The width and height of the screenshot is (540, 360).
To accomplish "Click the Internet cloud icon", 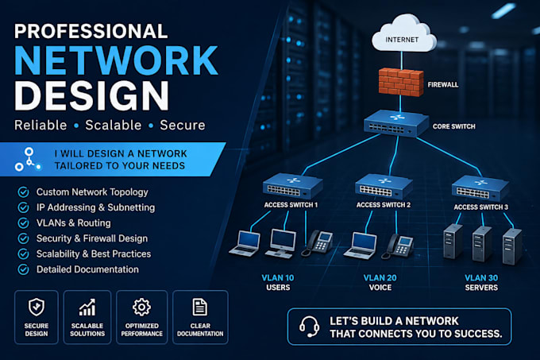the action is point(403,33).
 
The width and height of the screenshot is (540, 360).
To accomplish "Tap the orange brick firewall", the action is point(401,82).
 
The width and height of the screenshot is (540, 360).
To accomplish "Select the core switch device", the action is point(396,123).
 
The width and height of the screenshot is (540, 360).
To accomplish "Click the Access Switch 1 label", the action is point(291,205).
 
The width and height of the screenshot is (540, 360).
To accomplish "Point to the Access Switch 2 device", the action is point(384,187).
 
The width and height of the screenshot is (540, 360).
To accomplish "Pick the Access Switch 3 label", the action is point(480,207).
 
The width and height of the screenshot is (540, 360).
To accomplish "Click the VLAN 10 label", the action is point(278,277).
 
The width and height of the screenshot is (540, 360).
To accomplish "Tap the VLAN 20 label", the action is point(380,277).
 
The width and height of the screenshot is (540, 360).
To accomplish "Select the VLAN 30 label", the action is point(481,277).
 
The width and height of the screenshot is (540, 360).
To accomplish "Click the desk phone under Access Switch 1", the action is point(317,243).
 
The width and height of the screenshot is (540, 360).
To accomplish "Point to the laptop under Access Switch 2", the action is point(361,246).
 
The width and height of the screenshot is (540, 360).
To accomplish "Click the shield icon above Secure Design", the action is point(37,307).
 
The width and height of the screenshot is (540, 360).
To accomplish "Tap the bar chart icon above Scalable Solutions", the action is point(87,308).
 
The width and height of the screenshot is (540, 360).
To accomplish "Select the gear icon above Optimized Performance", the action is point(141,307).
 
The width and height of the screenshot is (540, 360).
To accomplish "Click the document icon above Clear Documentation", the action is point(200,307).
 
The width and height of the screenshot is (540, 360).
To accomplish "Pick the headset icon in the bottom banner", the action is point(309,327).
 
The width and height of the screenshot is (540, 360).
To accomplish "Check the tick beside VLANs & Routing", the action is point(23,223).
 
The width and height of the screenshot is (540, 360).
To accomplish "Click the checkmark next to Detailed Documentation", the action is point(23,269).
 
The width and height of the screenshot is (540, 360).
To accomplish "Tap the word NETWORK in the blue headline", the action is point(116,60).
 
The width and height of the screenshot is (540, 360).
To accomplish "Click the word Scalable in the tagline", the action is point(114,125).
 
